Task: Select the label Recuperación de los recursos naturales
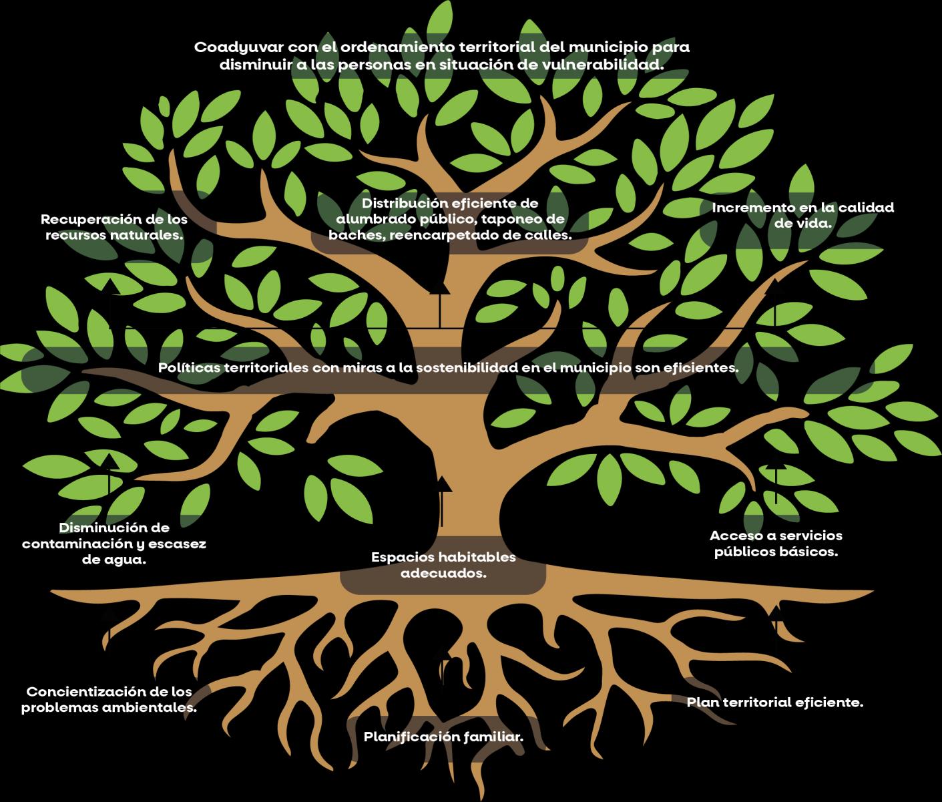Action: (x=114, y=227)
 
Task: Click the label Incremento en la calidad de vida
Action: (x=802, y=215)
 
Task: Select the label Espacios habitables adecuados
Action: (x=443, y=565)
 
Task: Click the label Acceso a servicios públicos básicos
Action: (x=776, y=544)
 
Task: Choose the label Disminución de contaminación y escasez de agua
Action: (x=114, y=544)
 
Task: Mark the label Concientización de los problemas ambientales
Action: (x=109, y=699)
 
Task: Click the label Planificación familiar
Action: (x=443, y=737)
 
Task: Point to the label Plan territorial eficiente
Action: (x=775, y=703)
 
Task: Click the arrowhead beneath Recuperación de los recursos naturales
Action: (x=111, y=285)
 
